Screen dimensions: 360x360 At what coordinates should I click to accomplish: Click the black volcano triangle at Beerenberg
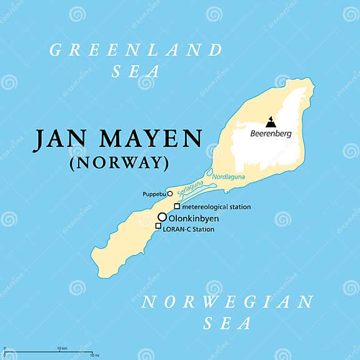[x=271, y=121]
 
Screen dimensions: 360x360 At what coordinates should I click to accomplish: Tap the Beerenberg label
[x=271, y=133]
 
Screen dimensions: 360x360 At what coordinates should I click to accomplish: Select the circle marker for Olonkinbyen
[x=162, y=217]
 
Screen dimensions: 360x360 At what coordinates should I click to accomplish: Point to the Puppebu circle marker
[x=169, y=194]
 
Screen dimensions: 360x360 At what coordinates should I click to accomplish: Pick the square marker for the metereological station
[x=177, y=206]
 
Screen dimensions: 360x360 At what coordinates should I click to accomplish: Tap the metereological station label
[x=216, y=207]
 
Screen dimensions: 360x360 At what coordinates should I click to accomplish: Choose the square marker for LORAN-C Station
[x=158, y=226]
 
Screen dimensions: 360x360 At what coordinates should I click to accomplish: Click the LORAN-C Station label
[x=188, y=229]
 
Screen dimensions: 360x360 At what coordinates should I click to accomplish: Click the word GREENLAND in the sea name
[x=136, y=50]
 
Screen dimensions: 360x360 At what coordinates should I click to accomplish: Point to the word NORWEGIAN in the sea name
[x=227, y=302]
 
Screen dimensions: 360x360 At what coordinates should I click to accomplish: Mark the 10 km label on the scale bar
[x=62, y=348]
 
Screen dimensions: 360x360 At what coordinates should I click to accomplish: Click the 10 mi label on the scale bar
[x=94, y=356]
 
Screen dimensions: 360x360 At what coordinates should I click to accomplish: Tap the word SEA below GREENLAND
[x=136, y=72]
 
